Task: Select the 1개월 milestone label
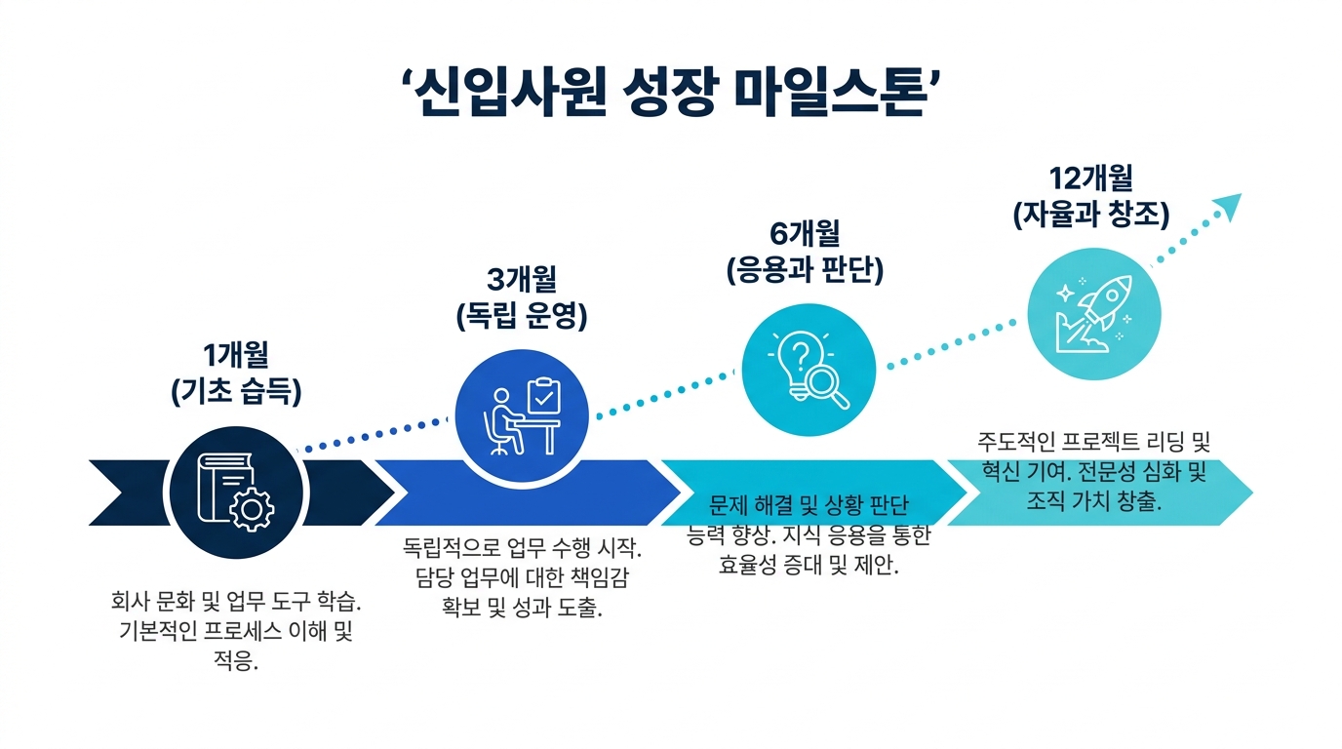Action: [x=235, y=355]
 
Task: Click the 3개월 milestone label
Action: [x=521, y=279]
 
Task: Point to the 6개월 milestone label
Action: [x=805, y=233]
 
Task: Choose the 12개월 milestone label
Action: [x=1090, y=177]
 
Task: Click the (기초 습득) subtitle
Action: [x=236, y=392]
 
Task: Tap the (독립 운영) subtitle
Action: [x=521, y=316]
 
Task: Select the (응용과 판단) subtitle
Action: [x=805, y=270]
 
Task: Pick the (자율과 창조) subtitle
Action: [x=1091, y=215]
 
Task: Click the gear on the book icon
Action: [x=252, y=509]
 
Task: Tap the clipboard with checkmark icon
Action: [x=543, y=396]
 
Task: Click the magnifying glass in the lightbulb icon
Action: [x=828, y=388]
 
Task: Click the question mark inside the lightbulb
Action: [x=801, y=353]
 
